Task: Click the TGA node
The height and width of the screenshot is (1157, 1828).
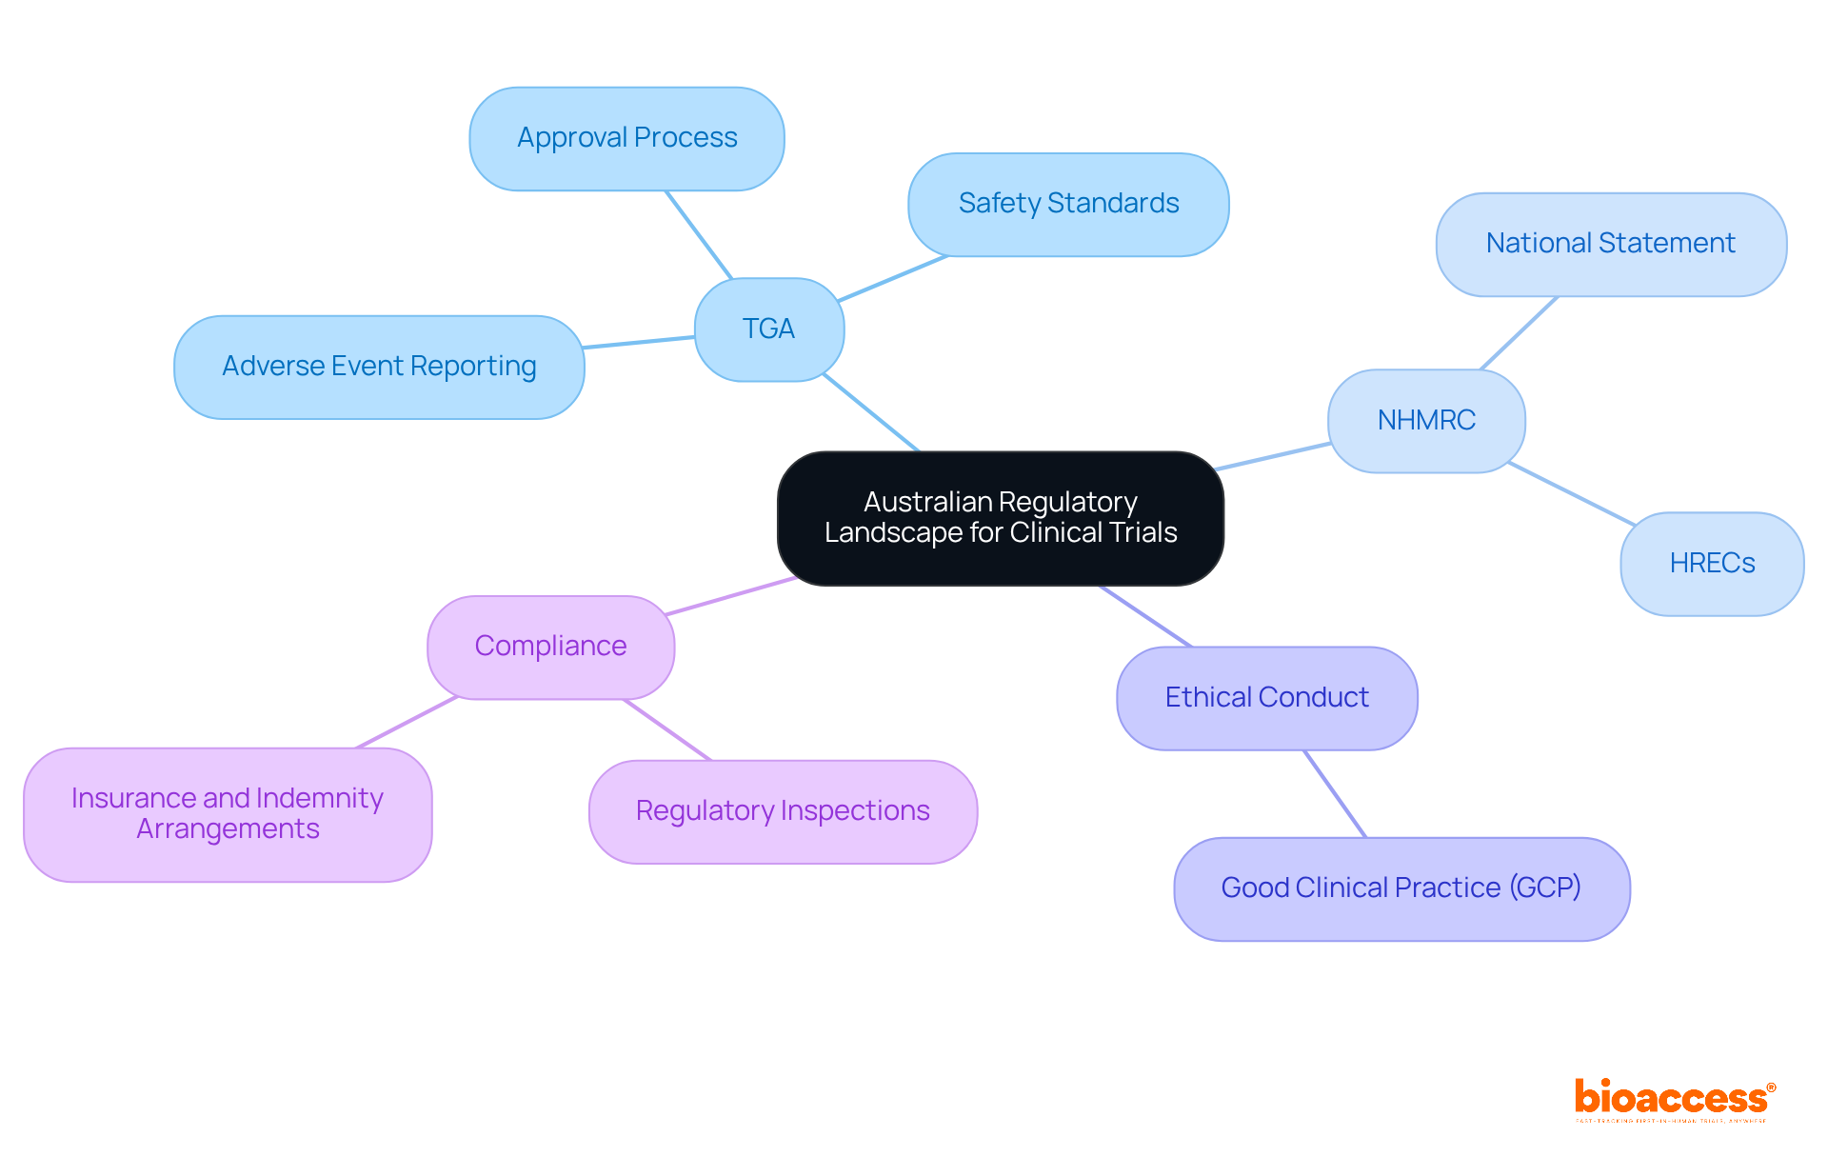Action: tap(768, 329)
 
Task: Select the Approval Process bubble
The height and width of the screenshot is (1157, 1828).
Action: tap(626, 139)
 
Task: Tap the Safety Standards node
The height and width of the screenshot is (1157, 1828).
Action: tap(1068, 204)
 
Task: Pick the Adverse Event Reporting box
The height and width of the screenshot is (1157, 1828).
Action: tap(379, 367)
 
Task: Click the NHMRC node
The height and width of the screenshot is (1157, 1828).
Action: tap(1426, 421)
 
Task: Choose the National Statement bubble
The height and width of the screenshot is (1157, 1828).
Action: tap(1610, 245)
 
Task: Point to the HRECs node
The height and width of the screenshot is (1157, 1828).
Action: tap(1712, 564)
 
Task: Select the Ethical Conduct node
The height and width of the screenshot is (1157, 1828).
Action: tap(1266, 698)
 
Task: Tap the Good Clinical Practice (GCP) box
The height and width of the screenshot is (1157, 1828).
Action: tap(1401, 888)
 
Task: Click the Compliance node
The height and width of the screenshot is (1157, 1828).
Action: tap(550, 647)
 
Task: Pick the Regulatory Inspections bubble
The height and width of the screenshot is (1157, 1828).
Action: tap(783, 811)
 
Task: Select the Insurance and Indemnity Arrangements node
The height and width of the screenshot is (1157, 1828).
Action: tap(228, 814)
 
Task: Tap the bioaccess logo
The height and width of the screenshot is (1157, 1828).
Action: tap(1674, 1100)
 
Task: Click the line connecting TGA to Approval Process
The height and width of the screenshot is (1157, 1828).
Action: tap(698, 234)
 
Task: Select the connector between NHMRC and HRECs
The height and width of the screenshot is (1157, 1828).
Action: tap(1571, 493)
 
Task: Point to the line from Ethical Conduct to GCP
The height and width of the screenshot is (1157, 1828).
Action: tap(1335, 794)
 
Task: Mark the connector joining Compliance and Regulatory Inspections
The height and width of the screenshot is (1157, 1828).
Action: tap(667, 730)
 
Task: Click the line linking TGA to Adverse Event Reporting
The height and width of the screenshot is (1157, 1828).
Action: tap(639, 342)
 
